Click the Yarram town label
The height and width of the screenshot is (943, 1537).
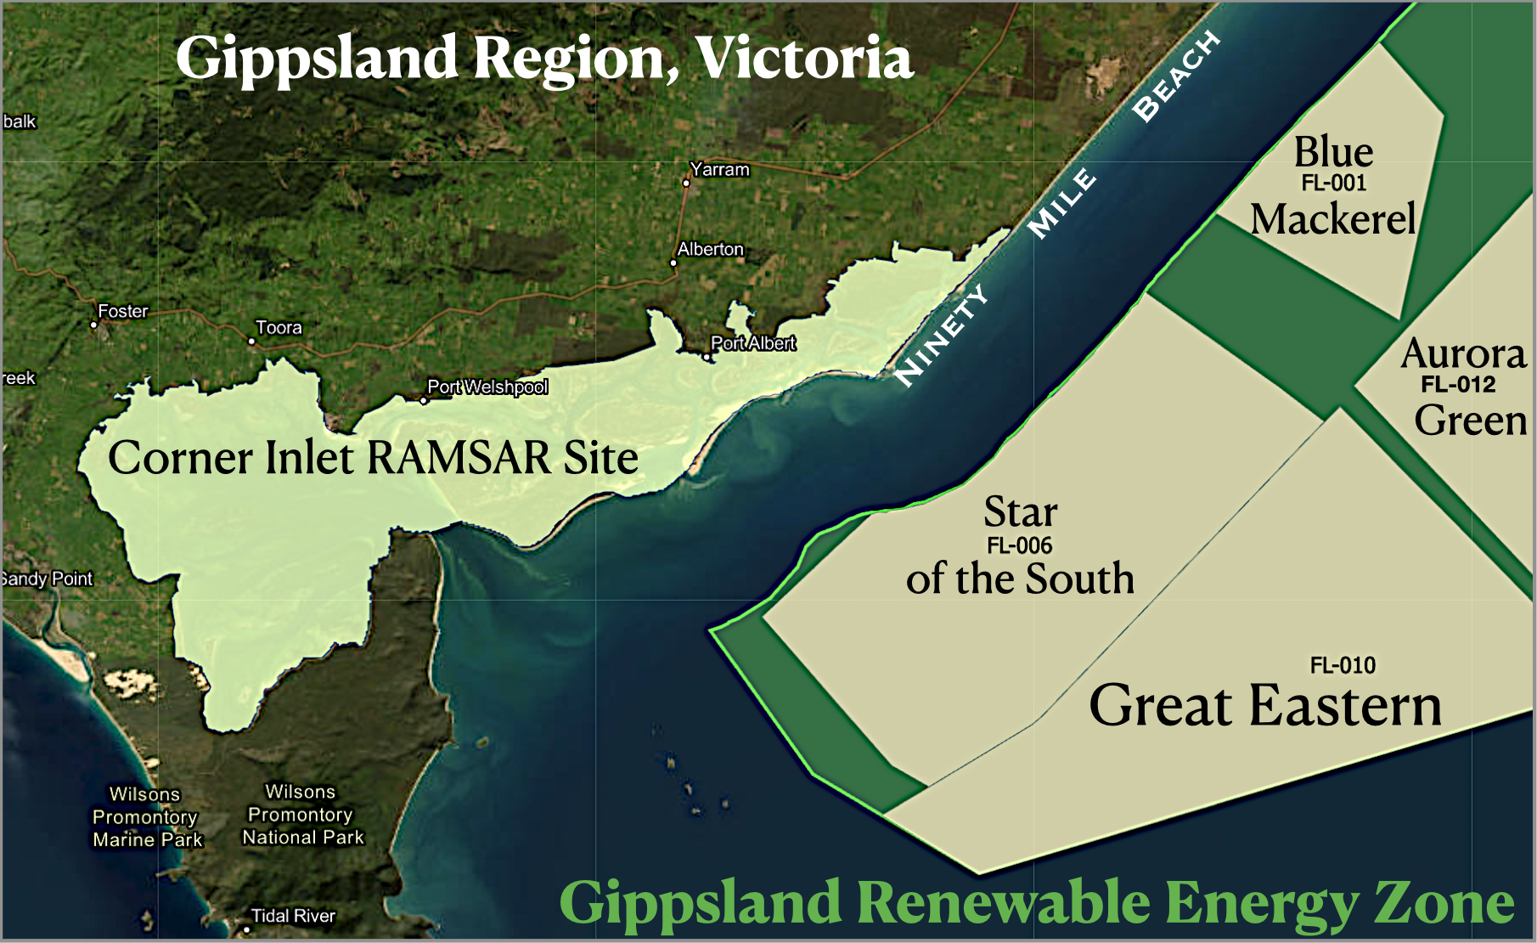[719, 170]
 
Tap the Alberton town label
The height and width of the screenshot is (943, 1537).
[710, 250]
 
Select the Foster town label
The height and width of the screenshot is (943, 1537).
[123, 312]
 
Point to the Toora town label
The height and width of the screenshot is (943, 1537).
[279, 328]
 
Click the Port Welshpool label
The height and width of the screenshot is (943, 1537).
[487, 387]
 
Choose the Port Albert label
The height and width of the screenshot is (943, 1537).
[753, 343]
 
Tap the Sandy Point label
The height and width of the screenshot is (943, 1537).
[47, 579]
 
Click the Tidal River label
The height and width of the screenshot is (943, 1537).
[293, 916]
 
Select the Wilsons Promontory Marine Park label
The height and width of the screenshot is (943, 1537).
[147, 817]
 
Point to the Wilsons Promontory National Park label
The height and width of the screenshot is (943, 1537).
[302, 815]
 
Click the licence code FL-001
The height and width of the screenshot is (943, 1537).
[1333, 183]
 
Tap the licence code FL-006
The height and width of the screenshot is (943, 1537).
[1019, 545]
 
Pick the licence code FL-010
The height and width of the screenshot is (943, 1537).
[1343, 665]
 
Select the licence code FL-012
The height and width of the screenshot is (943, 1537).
[1458, 385]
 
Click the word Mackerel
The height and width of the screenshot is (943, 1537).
[1333, 219]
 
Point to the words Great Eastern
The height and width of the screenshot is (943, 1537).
[1265, 706]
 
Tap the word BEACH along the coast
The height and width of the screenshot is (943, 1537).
[1176, 76]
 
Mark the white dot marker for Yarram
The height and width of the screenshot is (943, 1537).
[686, 183]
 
